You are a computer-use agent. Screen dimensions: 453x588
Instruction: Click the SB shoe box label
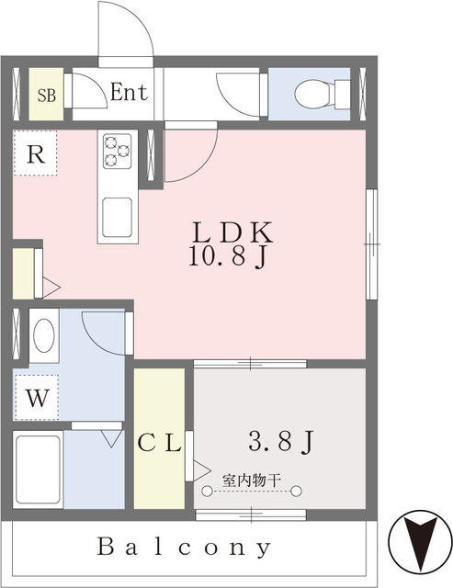(47, 95)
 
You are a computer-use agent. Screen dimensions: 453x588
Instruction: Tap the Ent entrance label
(129, 92)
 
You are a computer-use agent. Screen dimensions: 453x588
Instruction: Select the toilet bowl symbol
(322, 94)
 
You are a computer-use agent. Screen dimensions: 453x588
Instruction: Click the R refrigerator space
(36, 153)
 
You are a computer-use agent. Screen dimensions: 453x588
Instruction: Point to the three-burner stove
(118, 151)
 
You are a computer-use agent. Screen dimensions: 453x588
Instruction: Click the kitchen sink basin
(118, 218)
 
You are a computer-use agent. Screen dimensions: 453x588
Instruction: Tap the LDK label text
(232, 232)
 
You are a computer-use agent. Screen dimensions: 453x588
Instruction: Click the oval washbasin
(44, 335)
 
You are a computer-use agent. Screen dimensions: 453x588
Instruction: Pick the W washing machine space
(37, 398)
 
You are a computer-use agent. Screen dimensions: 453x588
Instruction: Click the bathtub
(38, 469)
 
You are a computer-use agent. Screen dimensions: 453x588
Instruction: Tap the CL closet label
(160, 444)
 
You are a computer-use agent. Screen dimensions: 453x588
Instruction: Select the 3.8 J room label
(281, 441)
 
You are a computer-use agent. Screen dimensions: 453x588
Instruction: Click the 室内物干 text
(252, 480)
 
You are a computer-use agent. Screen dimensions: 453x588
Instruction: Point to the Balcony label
(184, 548)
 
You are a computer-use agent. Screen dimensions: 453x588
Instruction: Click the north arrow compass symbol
(420, 541)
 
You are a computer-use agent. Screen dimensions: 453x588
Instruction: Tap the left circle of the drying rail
(207, 491)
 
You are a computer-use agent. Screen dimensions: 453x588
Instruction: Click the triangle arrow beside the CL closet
(202, 469)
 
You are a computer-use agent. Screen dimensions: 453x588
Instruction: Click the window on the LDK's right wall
(371, 244)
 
